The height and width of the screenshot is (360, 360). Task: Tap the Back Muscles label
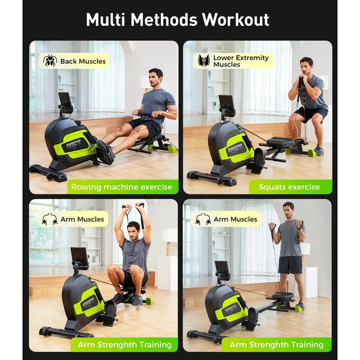point(82,61)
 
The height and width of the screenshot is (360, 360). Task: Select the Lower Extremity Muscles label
point(240,61)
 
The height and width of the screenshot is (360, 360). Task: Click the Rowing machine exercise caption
point(124,187)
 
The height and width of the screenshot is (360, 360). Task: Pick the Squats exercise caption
point(289,187)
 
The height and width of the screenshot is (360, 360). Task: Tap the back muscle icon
point(50,61)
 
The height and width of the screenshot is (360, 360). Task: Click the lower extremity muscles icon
point(203,61)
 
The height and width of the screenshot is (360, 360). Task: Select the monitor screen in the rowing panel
point(65,102)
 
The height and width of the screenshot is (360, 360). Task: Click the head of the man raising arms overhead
point(133,229)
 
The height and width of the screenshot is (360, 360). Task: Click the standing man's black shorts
point(290,264)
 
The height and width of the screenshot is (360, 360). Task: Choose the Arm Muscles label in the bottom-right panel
point(235,219)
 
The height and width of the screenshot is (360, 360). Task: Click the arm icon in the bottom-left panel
point(49,219)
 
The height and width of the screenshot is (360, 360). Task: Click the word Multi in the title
point(106,20)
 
